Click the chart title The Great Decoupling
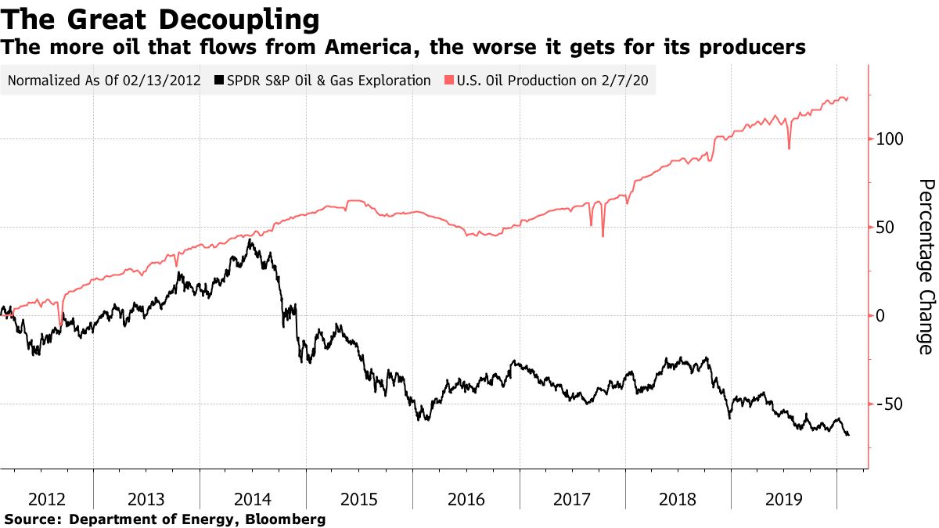point(160,17)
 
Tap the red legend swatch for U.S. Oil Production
point(449,81)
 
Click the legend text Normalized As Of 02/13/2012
point(103,81)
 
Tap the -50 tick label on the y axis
point(888,404)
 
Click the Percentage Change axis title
point(926,267)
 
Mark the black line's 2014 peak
point(250,240)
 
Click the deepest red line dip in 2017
point(603,235)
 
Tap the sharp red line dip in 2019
point(789,149)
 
